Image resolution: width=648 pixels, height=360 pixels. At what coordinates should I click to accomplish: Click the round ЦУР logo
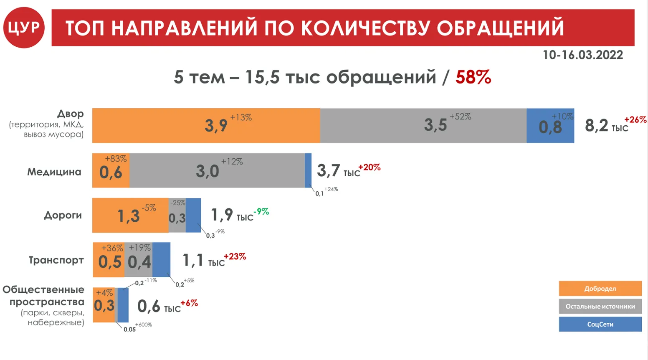[x=24, y=28]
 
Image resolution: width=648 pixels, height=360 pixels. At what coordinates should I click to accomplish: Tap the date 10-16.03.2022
[x=582, y=55]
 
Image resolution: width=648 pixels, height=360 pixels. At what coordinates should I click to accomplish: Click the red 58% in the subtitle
[x=473, y=77]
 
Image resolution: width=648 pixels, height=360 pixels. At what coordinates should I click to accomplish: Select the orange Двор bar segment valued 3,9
[x=206, y=126]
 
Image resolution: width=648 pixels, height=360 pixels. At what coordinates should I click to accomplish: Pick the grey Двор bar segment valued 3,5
[x=423, y=126]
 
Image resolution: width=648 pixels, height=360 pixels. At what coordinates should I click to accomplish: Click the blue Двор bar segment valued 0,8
[x=550, y=126]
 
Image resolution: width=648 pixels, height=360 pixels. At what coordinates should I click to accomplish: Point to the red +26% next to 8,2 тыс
[x=635, y=119]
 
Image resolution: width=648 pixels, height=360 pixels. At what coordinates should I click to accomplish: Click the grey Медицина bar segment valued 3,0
[x=217, y=170]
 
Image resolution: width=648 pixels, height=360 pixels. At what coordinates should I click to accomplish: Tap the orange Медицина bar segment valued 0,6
[x=111, y=170]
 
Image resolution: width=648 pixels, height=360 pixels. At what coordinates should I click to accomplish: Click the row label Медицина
[x=54, y=172]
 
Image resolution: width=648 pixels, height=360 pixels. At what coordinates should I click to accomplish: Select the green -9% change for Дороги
[x=261, y=212]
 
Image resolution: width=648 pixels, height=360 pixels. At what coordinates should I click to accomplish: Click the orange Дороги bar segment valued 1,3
[x=130, y=215]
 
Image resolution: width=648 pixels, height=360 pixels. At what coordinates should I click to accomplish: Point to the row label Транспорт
[x=56, y=260]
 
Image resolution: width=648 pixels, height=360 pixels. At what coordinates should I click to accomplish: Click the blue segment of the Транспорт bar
[x=161, y=260]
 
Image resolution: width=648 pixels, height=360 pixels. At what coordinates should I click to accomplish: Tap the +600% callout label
[x=144, y=325]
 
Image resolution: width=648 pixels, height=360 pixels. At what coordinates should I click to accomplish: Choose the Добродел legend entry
[x=600, y=289]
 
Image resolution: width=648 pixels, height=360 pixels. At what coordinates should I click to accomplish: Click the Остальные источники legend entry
[x=600, y=307]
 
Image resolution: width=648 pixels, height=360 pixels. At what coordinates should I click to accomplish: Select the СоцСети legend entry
[x=600, y=324]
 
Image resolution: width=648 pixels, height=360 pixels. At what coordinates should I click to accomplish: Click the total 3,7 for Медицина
[x=328, y=170]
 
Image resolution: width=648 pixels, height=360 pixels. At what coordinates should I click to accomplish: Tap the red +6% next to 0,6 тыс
[x=189, y=303]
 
